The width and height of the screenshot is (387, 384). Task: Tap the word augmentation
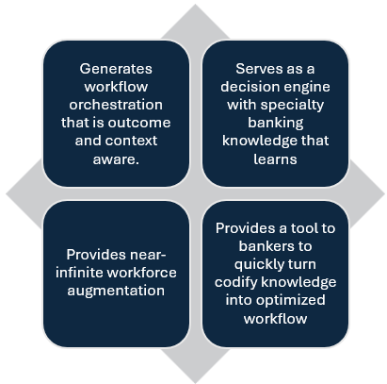point(116,291)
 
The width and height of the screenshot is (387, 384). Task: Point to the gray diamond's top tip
point(194,7)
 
